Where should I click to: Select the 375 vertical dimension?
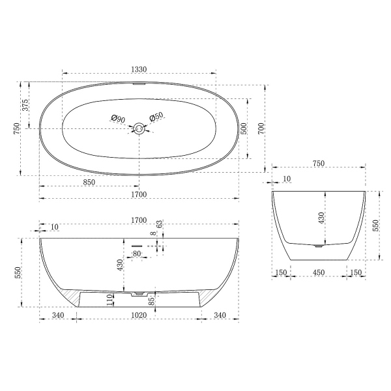point(26,105)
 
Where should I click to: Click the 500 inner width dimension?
point(244,128)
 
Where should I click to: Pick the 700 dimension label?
point(262,128)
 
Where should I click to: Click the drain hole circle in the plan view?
point(138,128)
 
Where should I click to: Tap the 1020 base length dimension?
point(138,316)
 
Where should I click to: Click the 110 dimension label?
point(109,300)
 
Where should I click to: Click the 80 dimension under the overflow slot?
point(137,253)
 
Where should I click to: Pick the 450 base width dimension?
point(319,273)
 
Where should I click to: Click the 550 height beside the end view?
point(375,225)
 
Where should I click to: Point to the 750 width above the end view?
point(319,165)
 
